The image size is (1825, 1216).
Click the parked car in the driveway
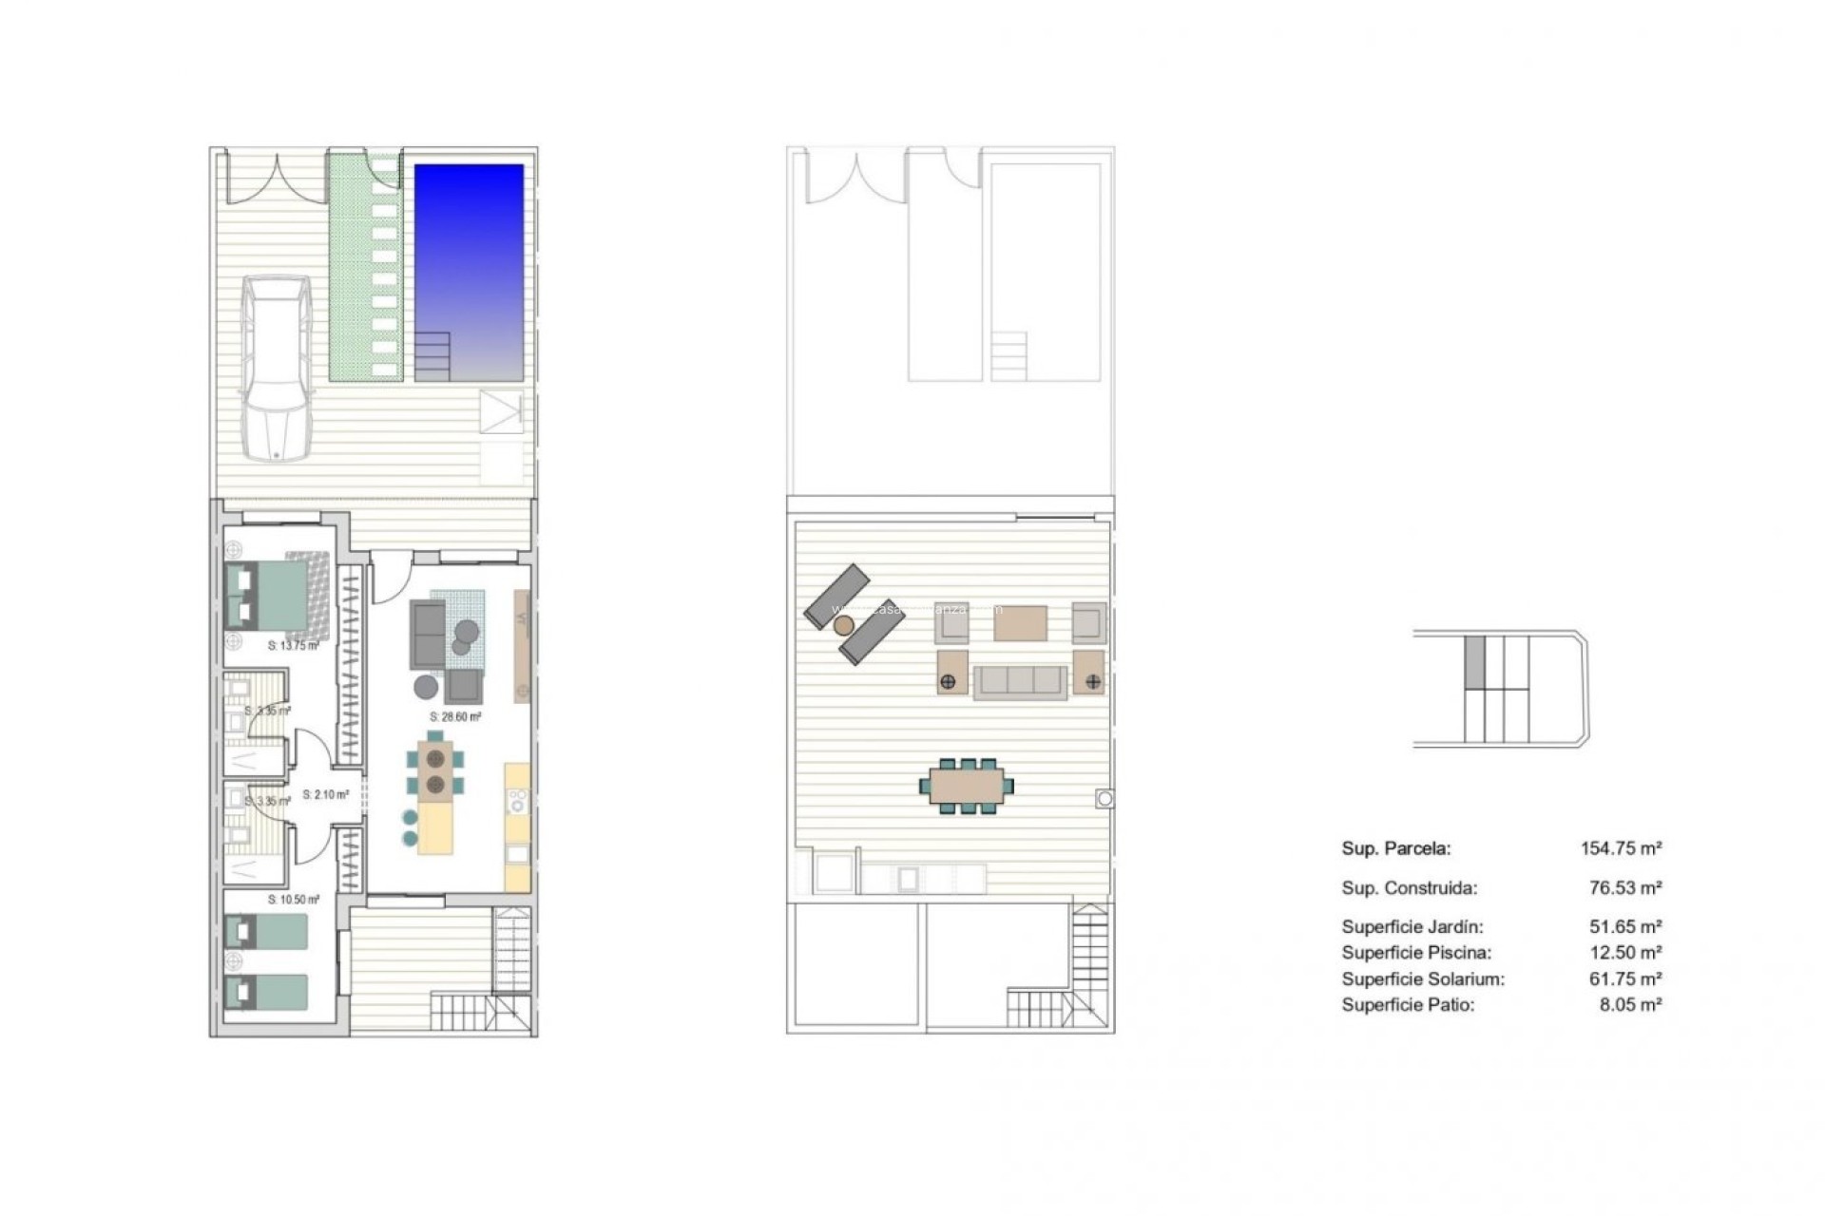pyautogui.click(x=276, y=367)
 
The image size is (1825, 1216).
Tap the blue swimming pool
pyautogui.click(x=469, y=256)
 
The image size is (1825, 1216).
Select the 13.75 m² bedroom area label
pyautogui.click(x=293, y=646)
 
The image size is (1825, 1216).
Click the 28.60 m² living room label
pyautogui.click(x=455, y=717)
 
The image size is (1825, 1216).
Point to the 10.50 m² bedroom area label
pyautogui.click(x=294, y=900)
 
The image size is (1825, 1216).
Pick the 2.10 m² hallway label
pyautogui.click(x=326, y=795)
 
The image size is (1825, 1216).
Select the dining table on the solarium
pyautogui.click(x=966, y=787)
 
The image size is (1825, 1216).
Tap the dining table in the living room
pyautogui.click(x=436, y=770)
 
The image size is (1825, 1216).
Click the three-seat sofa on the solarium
pyautogui.click(x=1021, y=681)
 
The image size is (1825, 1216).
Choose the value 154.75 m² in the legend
pyautogui.click(x=1621, y=848)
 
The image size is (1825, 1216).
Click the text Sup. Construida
pyautogui.click(x=1410, y=888)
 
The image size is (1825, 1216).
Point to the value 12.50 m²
pyautogui.click(x=1630, y=953)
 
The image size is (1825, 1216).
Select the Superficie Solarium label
pyautogui.click(x=1423, y=979)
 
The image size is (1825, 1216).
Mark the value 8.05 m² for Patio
pyautogui.click(x=1630, y=1004)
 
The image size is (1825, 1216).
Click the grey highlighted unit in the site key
pyautogui.click(x=1474, y=662)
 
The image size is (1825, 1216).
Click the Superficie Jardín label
pyautogui.click(x=1412, y=927)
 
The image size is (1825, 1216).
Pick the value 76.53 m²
pyautogui.click(x=1625, y=888)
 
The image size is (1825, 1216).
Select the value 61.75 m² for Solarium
pyautogui.click(x=1630, y=978)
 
